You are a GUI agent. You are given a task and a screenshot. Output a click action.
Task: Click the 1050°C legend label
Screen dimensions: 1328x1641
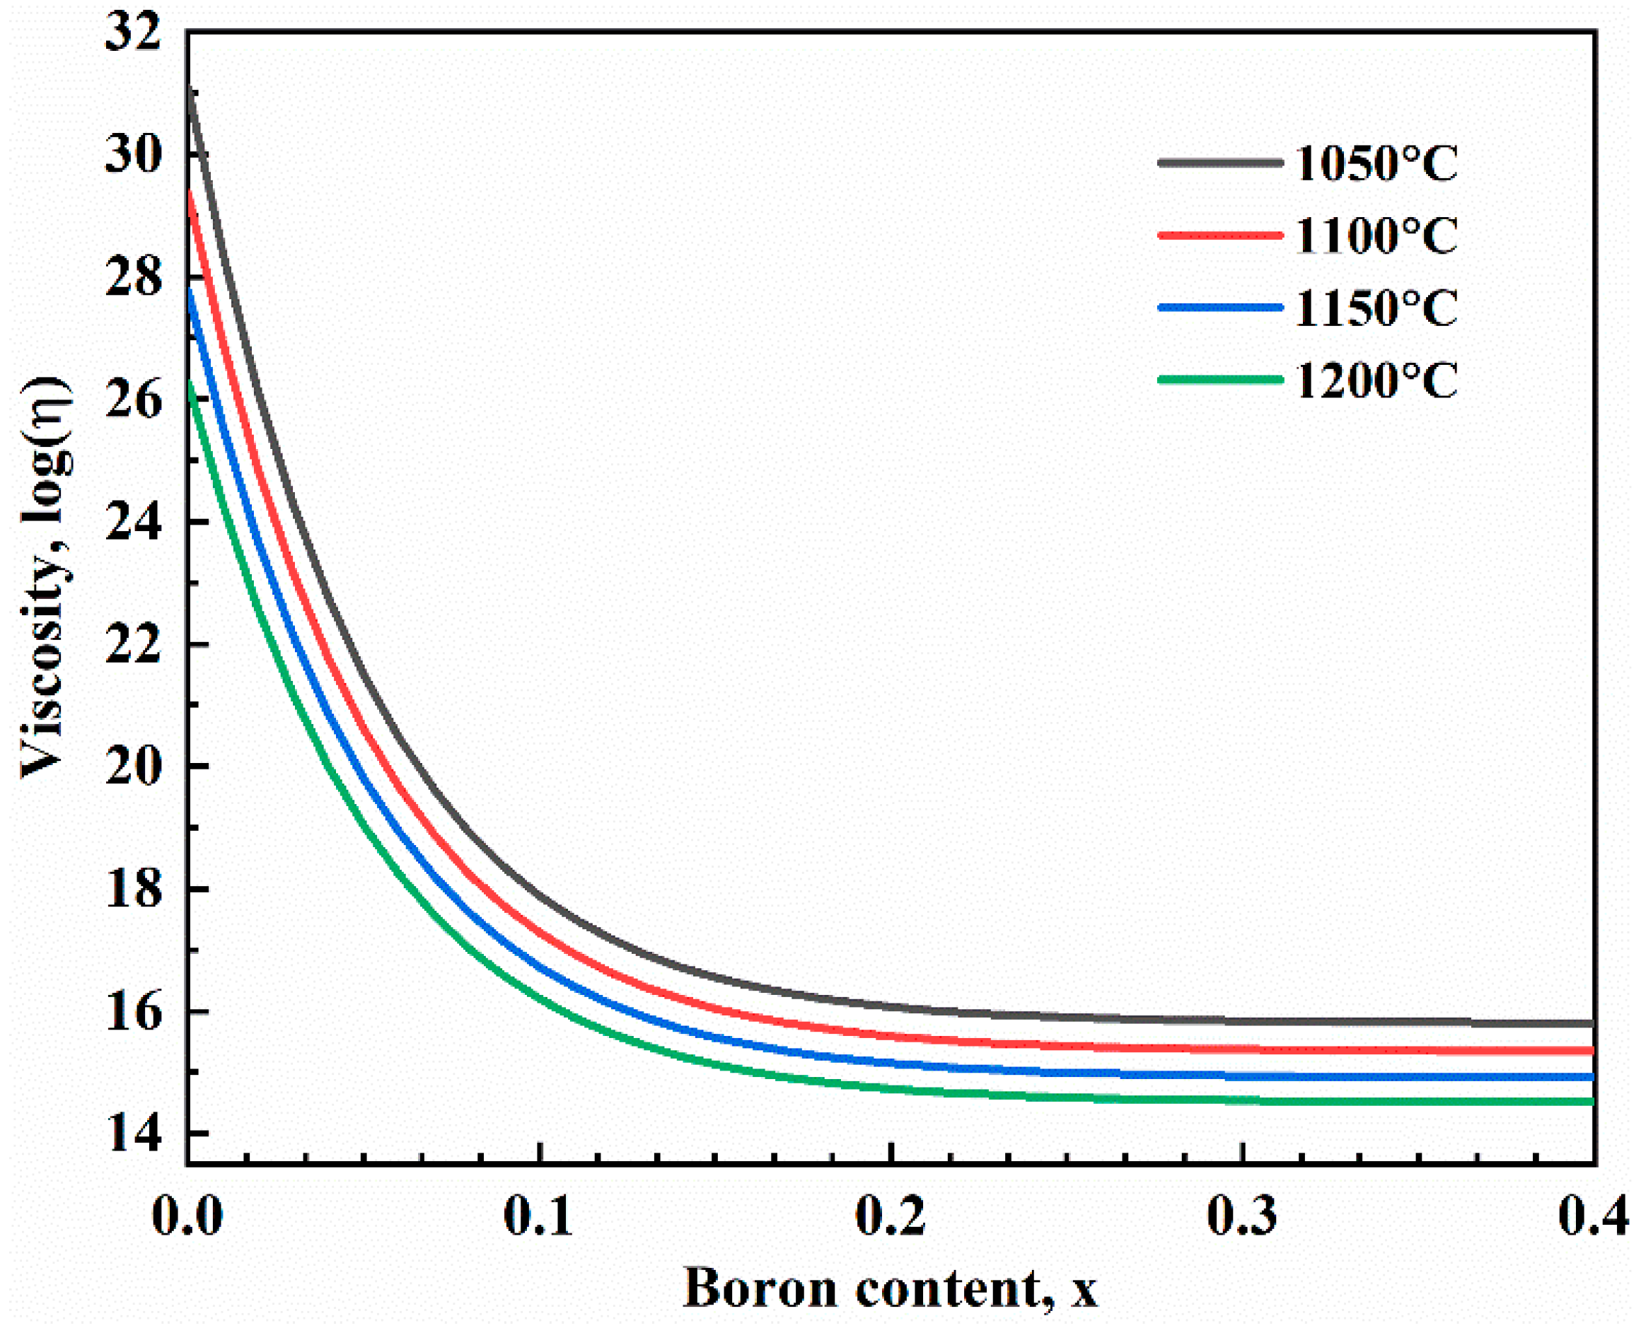[1376, 163]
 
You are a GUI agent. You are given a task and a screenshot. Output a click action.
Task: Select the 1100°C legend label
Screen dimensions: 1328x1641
[1376, 235]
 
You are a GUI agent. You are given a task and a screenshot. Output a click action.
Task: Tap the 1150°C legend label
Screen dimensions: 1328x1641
[1376, 308]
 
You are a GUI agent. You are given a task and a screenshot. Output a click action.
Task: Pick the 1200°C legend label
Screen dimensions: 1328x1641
[1376, 380]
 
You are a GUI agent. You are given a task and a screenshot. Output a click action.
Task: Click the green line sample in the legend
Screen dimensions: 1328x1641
[1219, 380]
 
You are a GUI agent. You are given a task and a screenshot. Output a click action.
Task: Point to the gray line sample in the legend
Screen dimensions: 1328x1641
[1219, 162]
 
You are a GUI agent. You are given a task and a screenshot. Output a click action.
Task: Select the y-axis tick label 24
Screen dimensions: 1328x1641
[133, 523]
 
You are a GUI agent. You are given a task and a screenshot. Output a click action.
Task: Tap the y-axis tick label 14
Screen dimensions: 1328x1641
[133, 1134]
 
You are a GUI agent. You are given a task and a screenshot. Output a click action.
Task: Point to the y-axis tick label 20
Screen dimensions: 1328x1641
[133, 767]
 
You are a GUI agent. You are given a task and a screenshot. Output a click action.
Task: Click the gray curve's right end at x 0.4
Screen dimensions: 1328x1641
[1591, 1023]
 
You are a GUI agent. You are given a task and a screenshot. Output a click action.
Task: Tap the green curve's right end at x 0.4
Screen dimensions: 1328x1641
[1591, 1102]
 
